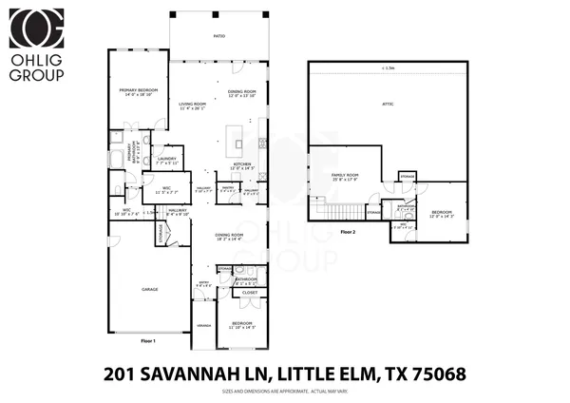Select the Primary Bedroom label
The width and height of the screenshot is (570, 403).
(137, 89)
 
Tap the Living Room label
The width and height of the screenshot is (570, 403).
(193, 104)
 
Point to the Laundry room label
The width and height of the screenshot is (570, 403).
(167, 158)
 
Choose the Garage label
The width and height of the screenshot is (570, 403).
(150, 289)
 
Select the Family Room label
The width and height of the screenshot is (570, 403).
(344, 175)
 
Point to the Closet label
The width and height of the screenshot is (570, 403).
(250, 293)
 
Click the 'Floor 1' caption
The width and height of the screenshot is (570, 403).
(147, 340)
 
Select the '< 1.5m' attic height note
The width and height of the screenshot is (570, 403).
(387, 68)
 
